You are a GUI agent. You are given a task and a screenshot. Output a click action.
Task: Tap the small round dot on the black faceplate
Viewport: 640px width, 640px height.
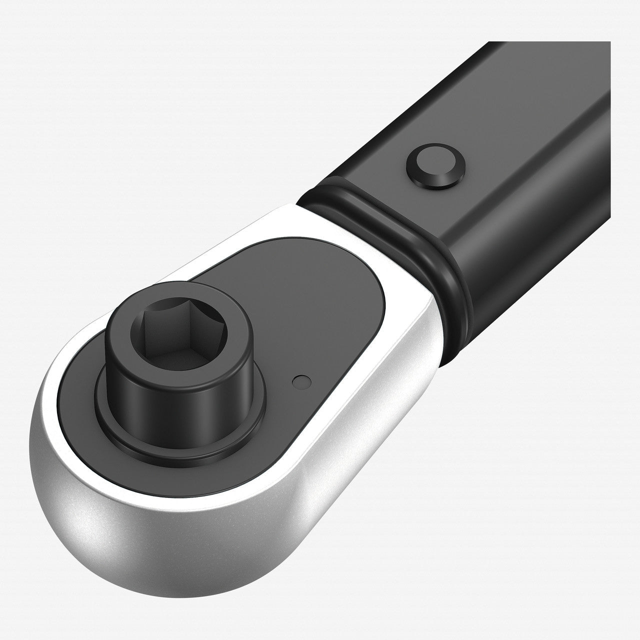pyautogui.click(x=299, y=381)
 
